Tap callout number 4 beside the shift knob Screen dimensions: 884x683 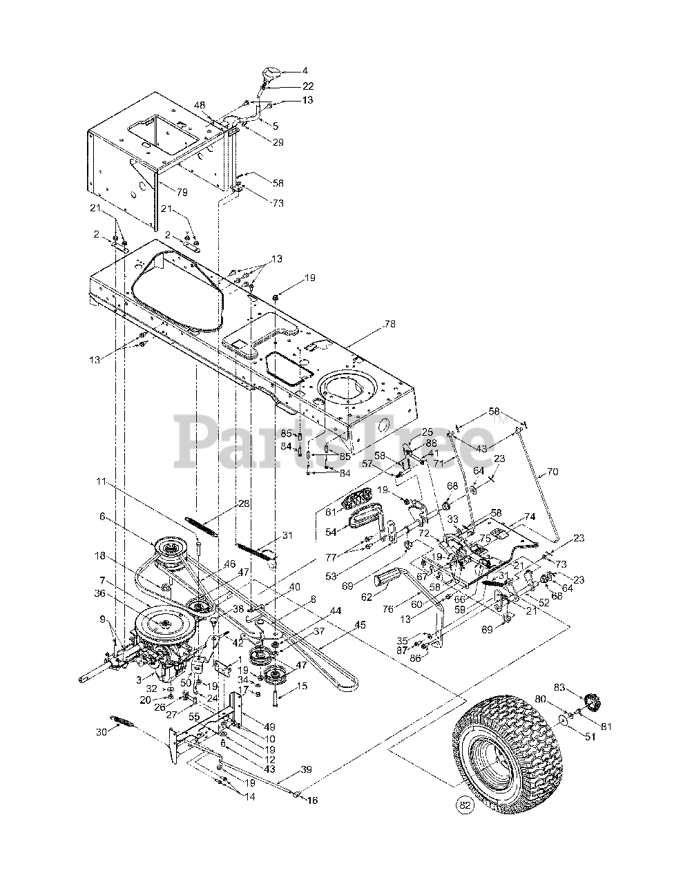tap(306, 70)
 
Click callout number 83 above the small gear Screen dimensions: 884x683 tap(559, 687)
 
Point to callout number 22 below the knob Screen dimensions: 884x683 tap(308, 86)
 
